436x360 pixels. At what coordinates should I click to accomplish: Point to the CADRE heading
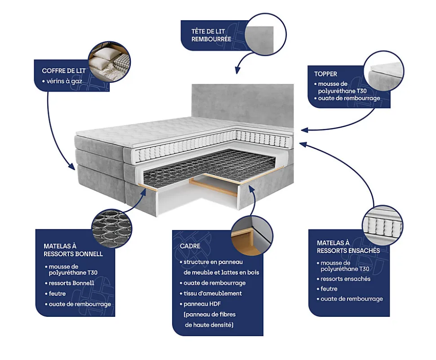tap(190, 246)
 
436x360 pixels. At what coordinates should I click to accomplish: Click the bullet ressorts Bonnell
tap(71, 283)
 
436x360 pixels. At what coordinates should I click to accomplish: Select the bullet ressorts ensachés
tap(345, 279)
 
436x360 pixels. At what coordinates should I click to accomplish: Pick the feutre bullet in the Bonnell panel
tap(57, 293)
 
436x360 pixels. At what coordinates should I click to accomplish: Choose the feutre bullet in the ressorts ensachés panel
tap(329, 289)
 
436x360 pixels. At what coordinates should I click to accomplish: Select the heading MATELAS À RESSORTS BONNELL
tap(73, 250)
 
